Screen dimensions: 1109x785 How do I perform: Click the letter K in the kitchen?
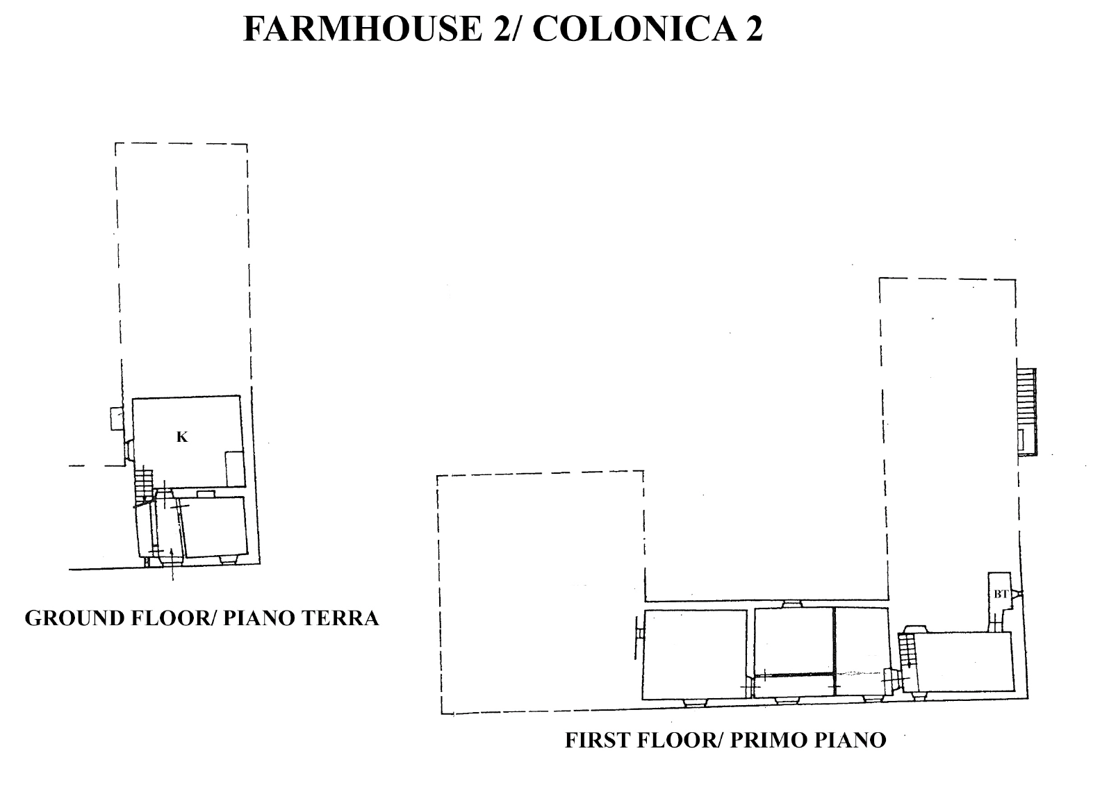(182, 437)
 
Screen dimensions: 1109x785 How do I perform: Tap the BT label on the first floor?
(1001, 594)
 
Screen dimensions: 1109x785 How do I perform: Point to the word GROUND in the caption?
(74, 619)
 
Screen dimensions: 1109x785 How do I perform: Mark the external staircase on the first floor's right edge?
(1027, 411)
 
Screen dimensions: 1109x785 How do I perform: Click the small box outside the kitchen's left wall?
(116, 419)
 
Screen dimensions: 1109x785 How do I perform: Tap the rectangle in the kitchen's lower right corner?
(235, 468)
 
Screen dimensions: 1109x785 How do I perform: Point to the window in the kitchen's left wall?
(129, 450)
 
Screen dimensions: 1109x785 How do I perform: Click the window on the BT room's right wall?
(1016, 593)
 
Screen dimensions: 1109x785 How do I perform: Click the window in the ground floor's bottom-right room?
(228, 559)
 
